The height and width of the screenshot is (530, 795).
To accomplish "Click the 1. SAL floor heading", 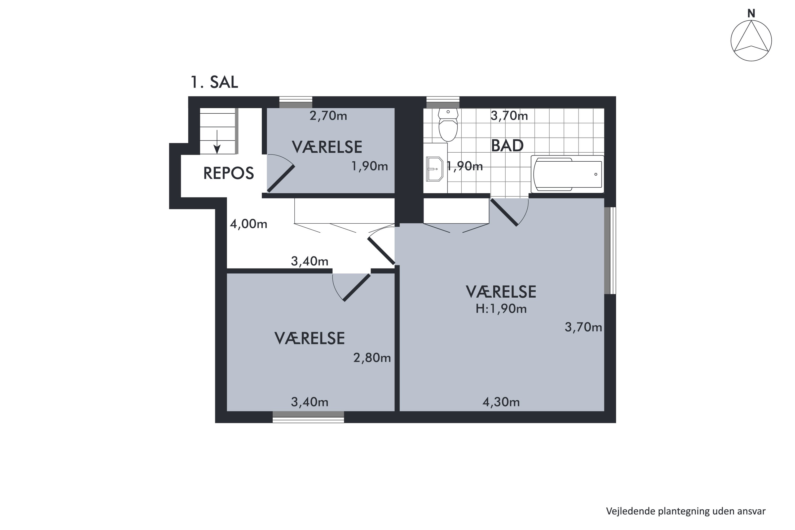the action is click(214, 82).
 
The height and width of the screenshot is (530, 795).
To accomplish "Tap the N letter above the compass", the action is click(751, 14).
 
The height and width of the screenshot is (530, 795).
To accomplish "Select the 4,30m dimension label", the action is click(501, 402).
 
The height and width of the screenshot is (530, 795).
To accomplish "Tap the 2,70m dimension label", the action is click(328, 116).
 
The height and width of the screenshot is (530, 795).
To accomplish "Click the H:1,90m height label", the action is click(501, 309).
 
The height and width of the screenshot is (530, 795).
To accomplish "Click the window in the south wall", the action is click(308, 417).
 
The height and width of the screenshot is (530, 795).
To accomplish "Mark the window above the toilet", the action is click(443, 102).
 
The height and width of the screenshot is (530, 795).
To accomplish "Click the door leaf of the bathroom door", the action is click(504, 212).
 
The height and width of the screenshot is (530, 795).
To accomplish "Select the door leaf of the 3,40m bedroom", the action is click(357, 287).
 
